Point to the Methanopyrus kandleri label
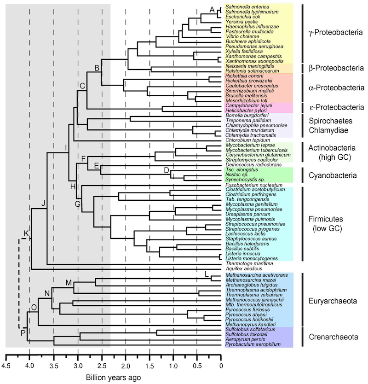(x=246, y=325)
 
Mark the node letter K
(x=26, y=233)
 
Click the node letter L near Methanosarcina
(x=207, y=275)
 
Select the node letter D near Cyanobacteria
(x=167, y=170)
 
